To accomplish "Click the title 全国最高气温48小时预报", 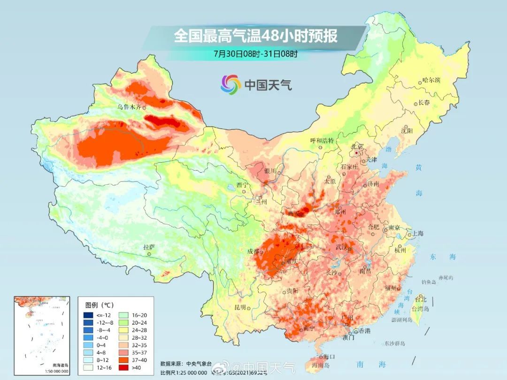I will coord(256,36).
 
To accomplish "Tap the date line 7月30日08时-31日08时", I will coord(255,53).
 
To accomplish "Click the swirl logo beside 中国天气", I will coord(230,84).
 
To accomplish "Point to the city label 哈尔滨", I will coord(431,80).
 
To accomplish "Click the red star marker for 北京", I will coord(357,152).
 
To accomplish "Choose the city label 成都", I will coord(253,251).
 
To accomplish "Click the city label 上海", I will coord(417,234).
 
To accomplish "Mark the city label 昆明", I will coord(239,307).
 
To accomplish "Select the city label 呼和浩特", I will coord(322,140).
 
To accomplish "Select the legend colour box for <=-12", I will coord(88,315).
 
